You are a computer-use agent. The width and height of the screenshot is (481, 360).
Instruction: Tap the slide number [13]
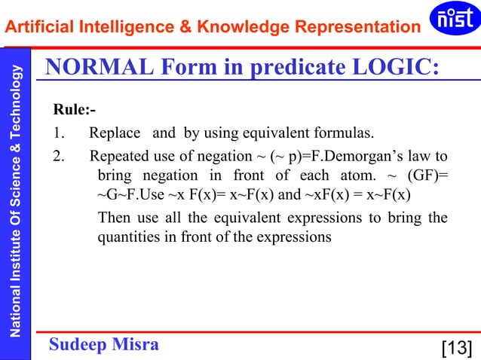pos(456,347)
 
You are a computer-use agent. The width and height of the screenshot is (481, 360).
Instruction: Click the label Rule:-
pos(74,111)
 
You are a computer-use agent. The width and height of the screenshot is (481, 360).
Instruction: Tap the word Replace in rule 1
pos(115,134)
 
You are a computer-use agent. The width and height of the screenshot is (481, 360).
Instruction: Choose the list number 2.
pos(57,157)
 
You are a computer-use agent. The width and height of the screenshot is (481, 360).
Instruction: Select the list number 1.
pos(57,134)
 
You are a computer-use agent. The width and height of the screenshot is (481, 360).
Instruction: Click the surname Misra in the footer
pos(135,344)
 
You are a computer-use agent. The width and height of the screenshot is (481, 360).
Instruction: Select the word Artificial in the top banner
pos(36,28)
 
